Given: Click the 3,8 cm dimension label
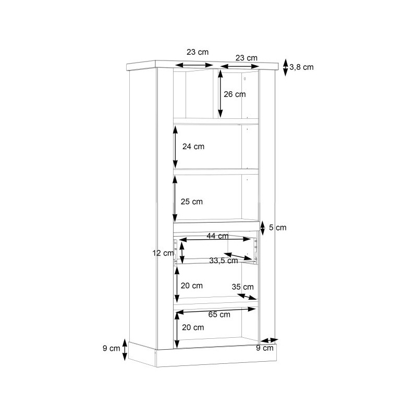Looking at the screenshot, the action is [x=301, y=67].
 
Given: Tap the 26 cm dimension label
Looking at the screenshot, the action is [x=235, y=94].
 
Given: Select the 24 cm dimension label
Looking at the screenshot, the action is [x=193, y=146].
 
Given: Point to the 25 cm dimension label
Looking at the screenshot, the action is [x=192, y=202].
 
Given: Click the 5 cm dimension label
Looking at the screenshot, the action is [x=278, y=227].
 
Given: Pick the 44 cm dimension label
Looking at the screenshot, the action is [x=217, y=236].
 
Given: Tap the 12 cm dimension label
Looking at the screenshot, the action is [x=163, y=253].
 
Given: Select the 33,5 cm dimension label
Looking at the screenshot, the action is [x=224, y=261].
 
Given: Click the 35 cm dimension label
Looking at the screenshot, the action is [x=242, y=287].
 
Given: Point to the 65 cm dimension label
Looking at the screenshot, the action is [x=219, y=314].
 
